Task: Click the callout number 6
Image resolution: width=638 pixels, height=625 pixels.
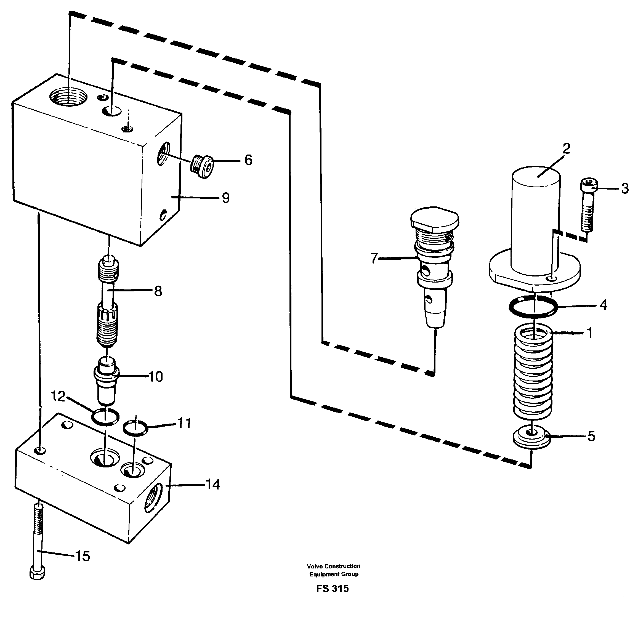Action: click(248, 160)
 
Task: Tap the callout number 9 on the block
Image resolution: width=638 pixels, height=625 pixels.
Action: click(225, 198)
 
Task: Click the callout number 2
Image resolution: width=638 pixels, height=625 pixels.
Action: click(566, 149)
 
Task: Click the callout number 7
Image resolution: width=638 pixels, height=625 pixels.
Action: click(374, 258)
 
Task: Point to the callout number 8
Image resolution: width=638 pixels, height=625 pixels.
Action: click(158, 291)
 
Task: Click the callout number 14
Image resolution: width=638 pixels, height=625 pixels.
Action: click(213, 484)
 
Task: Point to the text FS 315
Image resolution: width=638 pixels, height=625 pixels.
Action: click(332, 589)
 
